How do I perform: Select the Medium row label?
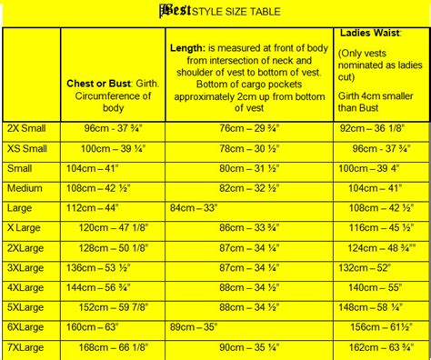[x=25, y=189]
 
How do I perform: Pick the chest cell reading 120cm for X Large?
[x=114, y=228]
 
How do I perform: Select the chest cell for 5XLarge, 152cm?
[x=114, y=306]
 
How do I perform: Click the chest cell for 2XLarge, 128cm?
[x=114, y=248]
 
